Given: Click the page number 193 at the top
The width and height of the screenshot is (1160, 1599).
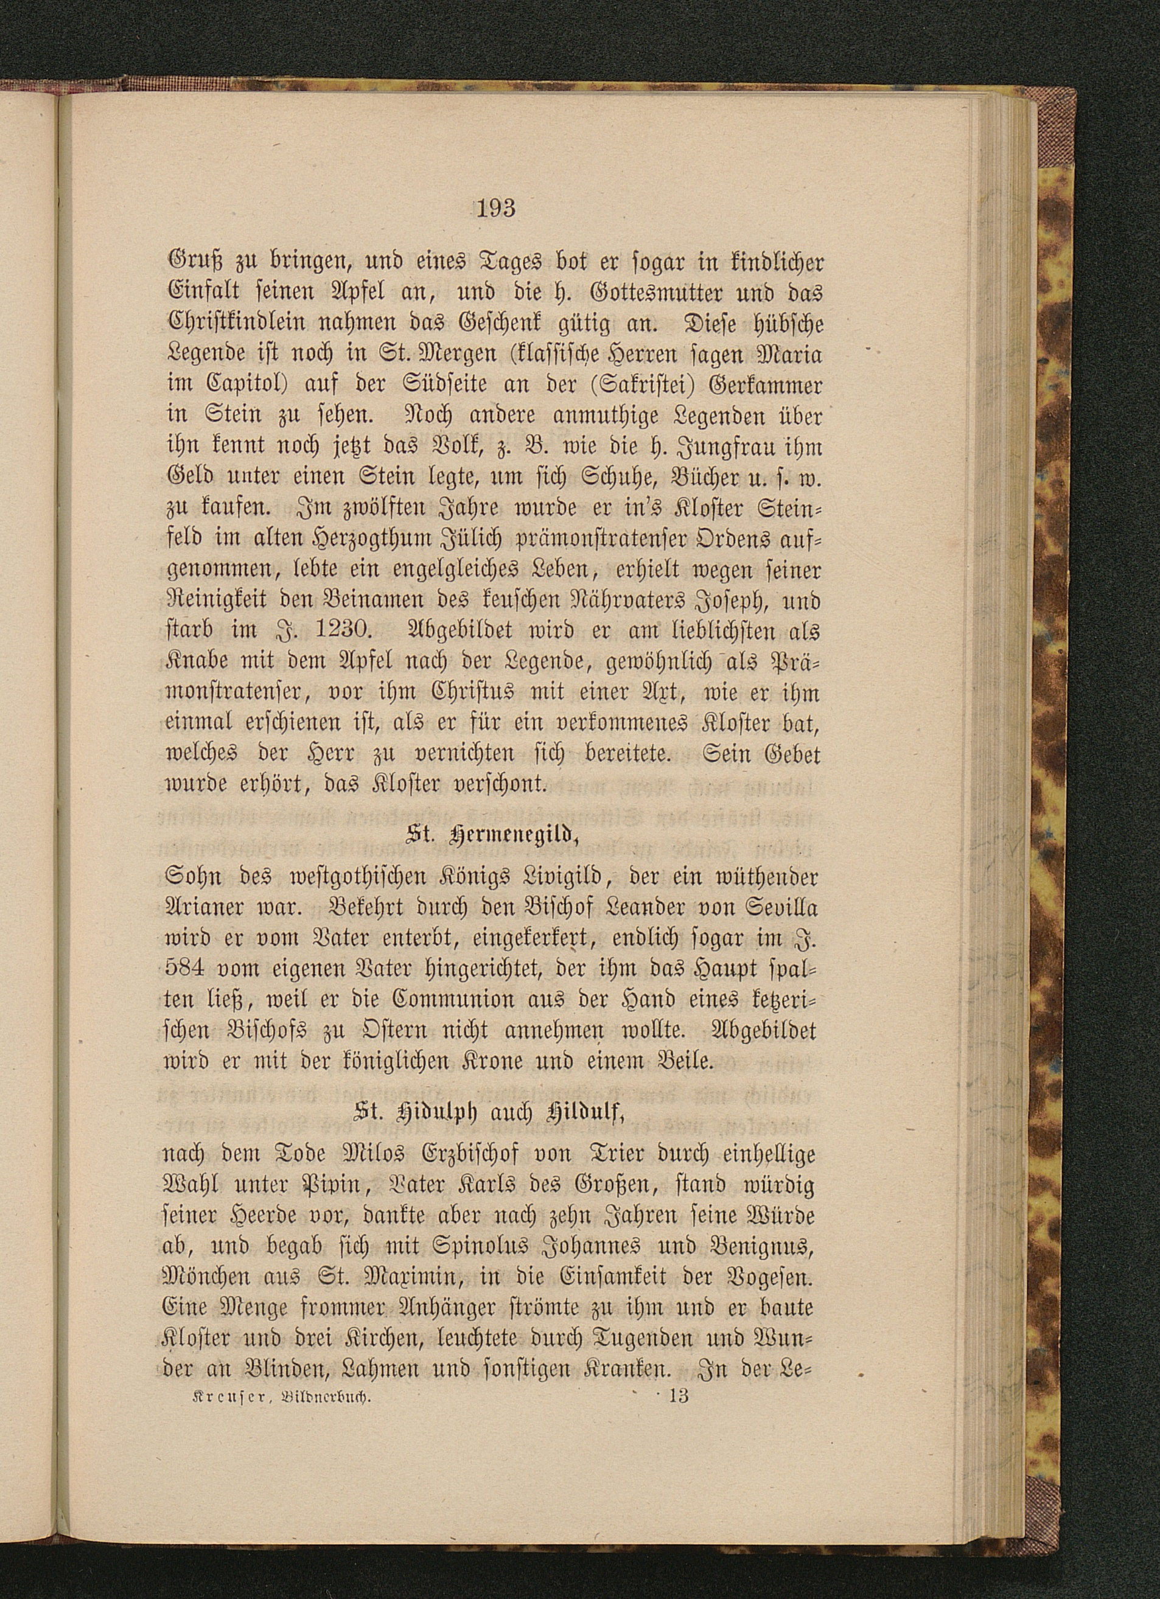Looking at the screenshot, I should (497, 208).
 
